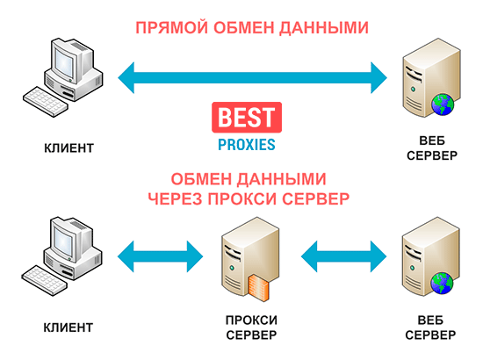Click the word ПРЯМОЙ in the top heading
pos(172,28)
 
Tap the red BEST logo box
pos(247,118)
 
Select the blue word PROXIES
pos(247,145)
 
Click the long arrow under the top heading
pos(252,77)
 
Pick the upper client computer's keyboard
pos(46,102)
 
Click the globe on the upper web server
pos(443,104)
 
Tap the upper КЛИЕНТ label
pos(68,148)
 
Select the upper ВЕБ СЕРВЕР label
pos(432,148)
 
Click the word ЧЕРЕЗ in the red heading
pos(176,199)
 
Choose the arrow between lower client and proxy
pos(160,256)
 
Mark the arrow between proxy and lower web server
pos(343,256)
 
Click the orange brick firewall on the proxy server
pos(259,287)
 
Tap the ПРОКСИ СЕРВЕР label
pos(251,328)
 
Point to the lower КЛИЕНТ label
pos(68,328)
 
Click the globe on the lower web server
pos(442,284)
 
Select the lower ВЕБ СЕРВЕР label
pos(430,328)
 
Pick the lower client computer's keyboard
pos(45,281)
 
